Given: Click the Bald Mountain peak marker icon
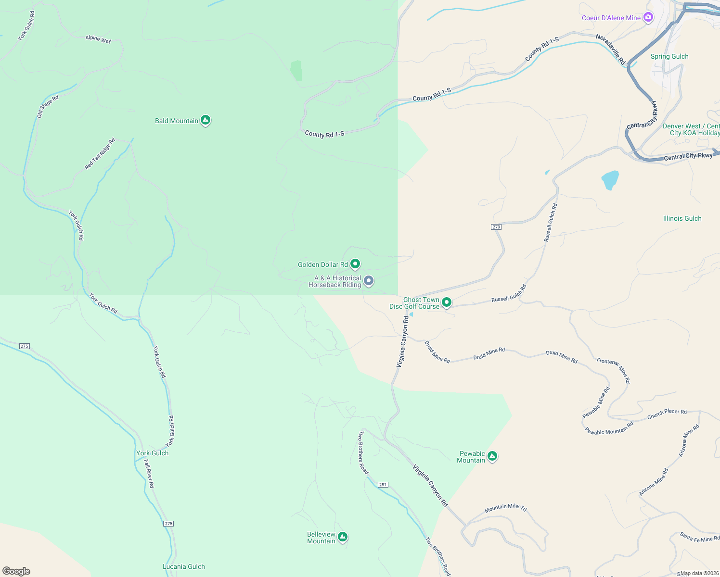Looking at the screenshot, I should coord(206,120).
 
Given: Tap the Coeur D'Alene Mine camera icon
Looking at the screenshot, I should coord(648,17).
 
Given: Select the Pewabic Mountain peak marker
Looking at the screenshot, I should coord(492,456).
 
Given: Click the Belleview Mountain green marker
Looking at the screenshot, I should coord(343,537).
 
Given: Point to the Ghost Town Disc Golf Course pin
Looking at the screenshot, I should coord(447,302).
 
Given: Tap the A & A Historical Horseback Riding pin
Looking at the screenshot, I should coord(369,280).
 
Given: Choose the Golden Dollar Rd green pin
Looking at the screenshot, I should coord(355,263).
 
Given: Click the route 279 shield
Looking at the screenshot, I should coord(496,227).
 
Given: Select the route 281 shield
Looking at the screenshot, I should coord(383,485).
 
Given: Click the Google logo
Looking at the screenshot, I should coord(16,571).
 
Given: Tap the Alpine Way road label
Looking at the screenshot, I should coord(98,39).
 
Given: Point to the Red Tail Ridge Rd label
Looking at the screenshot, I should coord(100,154).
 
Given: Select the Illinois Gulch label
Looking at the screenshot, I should coord(682,218).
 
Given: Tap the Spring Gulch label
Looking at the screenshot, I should coord(669,56).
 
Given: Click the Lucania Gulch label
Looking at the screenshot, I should coord(183,566).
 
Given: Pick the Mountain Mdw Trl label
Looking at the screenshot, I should coord(505,507).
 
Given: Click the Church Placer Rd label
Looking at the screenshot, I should coord(667,414).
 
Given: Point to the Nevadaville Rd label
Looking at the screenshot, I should coord(610,49).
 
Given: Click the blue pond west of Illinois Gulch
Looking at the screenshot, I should coord(610,180).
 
